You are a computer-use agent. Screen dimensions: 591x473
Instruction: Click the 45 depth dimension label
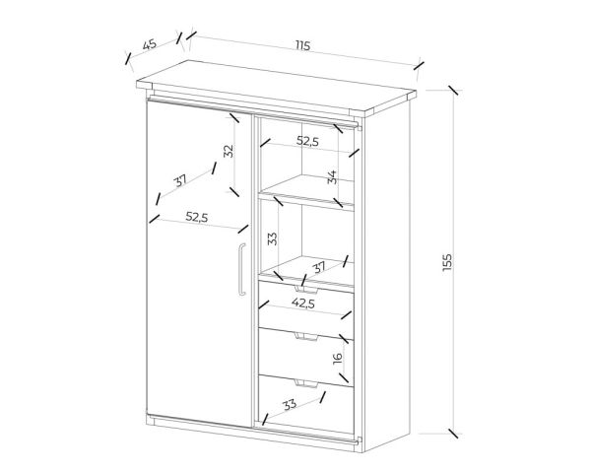click(x=150, y=44)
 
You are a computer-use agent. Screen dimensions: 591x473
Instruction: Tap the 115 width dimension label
click(x=302, y=46)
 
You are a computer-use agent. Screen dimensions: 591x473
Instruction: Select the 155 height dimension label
click(x=446, y=262)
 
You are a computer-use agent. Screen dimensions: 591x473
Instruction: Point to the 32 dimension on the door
click(x=229, y=151)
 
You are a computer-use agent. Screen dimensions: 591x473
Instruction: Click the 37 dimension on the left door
click(x=180, y=181)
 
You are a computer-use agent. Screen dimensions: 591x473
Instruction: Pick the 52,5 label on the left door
click(x=197, y=217)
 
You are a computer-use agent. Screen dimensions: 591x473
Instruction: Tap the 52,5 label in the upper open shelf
click(x=307, y=141)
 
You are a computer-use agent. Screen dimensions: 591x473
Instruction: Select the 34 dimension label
click(x=332, y=177)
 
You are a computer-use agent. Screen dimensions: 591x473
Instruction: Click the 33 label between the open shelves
click(x=272, y=238)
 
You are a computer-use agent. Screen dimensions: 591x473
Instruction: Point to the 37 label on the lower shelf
click(x=319, y=268)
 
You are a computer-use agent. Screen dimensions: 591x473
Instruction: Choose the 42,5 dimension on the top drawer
click(x=303, y=303)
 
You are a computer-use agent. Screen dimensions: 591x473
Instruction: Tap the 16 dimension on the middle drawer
click(x=338, y=357)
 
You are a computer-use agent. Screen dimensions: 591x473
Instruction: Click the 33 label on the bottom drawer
click(x=290, y=405)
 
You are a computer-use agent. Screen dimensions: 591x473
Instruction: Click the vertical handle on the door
click(x=241, y=269)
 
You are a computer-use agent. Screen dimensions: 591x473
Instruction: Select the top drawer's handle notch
click(x=306, y=290)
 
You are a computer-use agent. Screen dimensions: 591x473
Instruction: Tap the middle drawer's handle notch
click(x=306, y=336)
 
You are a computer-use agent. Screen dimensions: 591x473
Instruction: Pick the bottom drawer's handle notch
click(x=306, y=383)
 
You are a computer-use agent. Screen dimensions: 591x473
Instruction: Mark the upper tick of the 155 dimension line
click(x=453, y=91)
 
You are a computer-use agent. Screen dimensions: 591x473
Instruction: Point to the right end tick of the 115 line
click(x=419, y=66)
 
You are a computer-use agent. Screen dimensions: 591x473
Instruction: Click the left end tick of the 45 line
click(x=128, y=58)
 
